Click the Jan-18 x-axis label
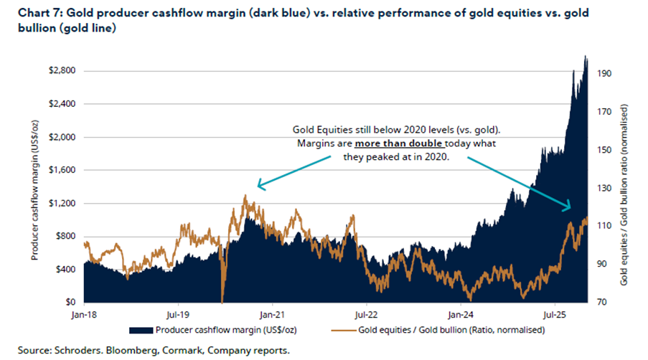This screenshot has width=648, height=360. click(x=84, y=313)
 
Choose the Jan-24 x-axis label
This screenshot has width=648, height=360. click(x=459, y=313)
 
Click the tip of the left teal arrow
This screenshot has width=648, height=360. click(x=258, y=188)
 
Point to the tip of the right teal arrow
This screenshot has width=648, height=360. click(x=570, y=209)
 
